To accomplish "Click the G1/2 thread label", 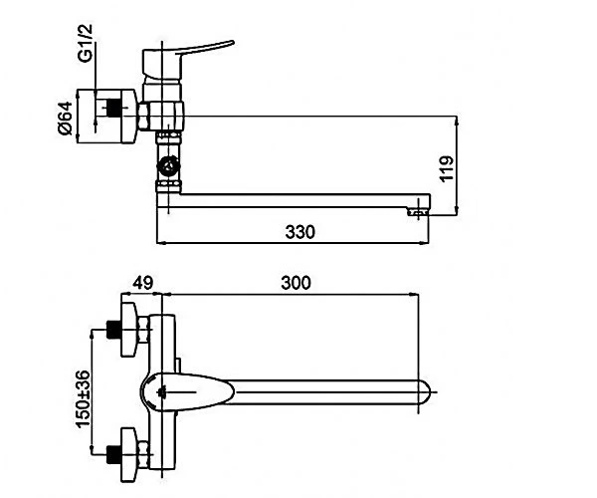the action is (x=86, y=43).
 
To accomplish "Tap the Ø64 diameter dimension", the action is (x=65, y=118).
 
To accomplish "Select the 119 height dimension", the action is (x=447, y=168).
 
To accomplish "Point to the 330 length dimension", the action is (x=300, y=232).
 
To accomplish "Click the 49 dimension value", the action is (x=142, y=283).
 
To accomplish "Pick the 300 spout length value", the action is (x=296, y=283).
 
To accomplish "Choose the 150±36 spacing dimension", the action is (x=84, y=399).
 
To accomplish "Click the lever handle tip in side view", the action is (x=231, y=42).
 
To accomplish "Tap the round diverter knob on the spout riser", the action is (x=169, y=166).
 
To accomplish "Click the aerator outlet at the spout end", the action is (x=419, y=212).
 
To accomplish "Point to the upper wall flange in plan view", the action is (x=128, y=330).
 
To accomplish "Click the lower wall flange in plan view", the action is (x=128, y=454).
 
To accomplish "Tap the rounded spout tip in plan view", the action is (x=425, y=392).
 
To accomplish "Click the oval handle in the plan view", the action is (x=188, y=392).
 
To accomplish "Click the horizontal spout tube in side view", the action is (x=300, y=201).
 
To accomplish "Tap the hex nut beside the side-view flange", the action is (x=144, y=117).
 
